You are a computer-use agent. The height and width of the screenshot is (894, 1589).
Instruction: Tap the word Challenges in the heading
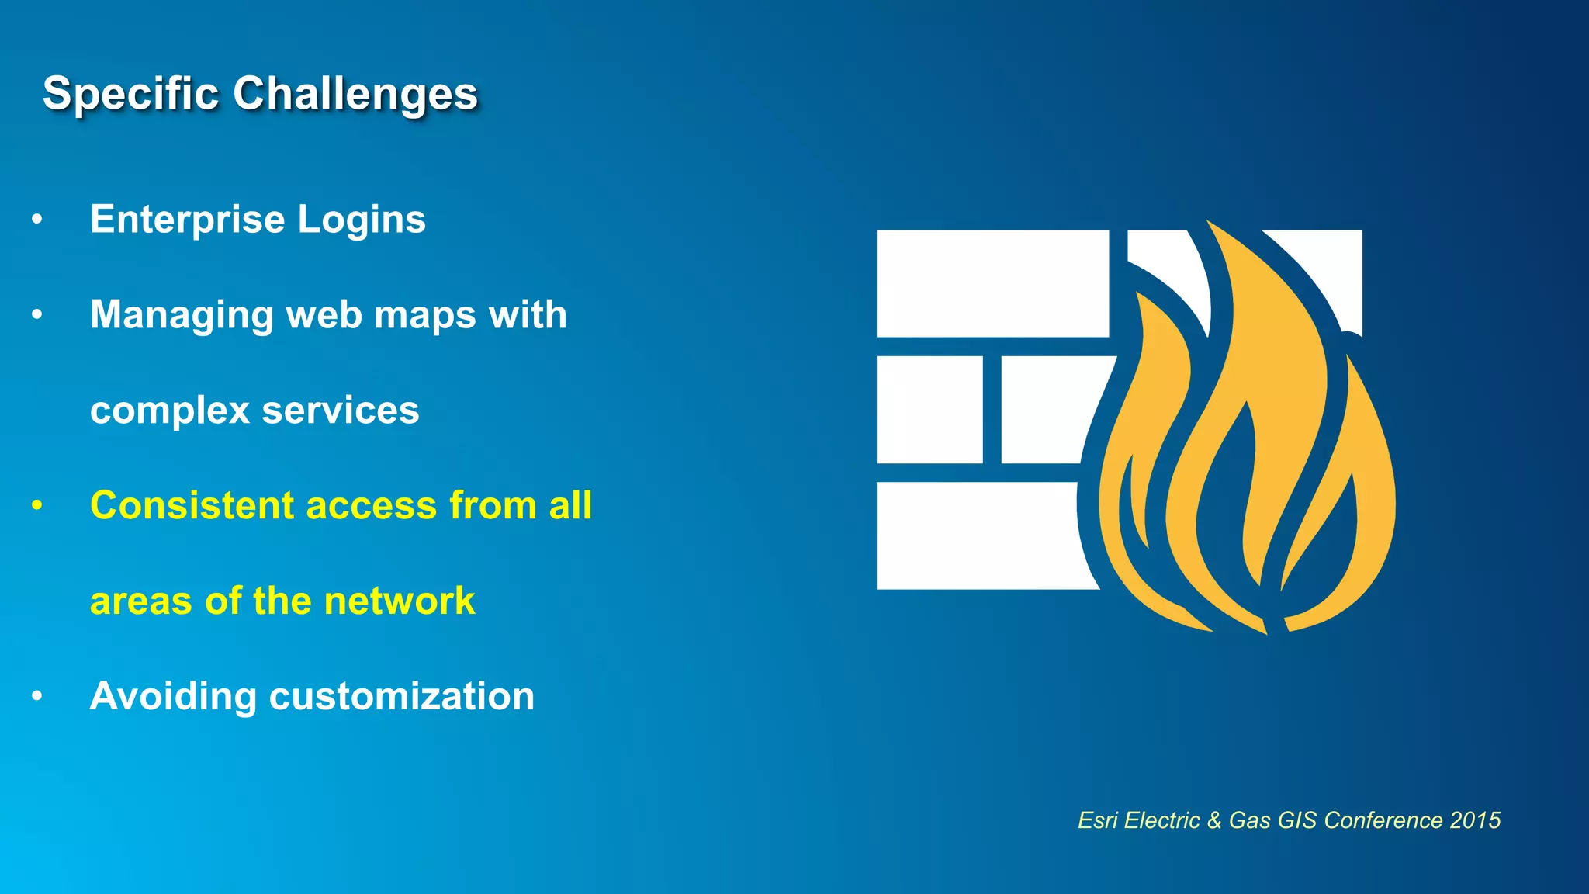coord(355,94)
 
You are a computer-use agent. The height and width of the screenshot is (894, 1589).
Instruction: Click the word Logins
coord(362,219)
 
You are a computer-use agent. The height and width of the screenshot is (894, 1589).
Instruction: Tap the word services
coord(341,411)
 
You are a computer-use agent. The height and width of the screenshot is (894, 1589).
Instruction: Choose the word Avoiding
coord(172,696)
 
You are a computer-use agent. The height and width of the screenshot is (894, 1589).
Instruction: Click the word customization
coord(401,696)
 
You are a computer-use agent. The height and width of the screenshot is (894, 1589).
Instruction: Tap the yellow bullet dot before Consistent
coord(36,506)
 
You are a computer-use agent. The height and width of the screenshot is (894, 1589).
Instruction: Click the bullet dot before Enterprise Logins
coord(36,220)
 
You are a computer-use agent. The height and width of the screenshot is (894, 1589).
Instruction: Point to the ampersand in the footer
coord(1213,820)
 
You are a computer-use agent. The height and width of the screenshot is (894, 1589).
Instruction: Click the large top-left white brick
coord(992,283)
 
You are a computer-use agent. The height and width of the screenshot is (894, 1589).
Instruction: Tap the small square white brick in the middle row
coord(930,410)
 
